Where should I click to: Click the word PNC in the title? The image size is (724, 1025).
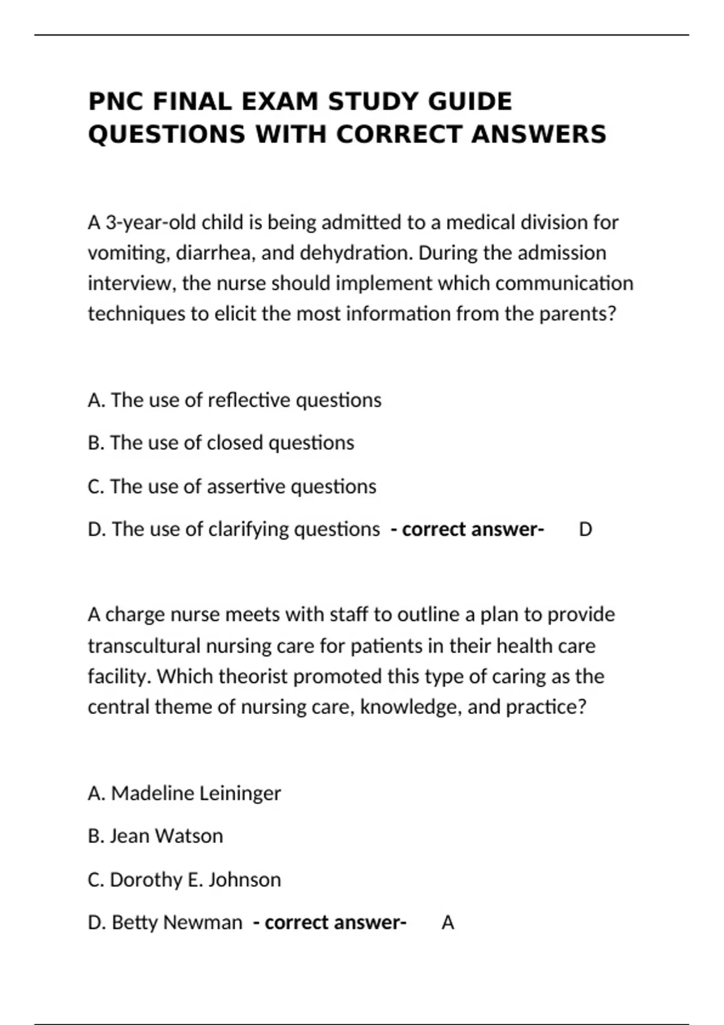116,101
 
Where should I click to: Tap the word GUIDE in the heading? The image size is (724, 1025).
470,101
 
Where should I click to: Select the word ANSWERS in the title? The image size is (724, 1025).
538,134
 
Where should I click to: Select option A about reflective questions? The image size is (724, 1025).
234,400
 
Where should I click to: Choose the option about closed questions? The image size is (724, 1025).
220,443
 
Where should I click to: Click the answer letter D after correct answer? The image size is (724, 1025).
585,529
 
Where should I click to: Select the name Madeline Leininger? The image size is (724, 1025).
195,793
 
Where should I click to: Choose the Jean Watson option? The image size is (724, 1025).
166,836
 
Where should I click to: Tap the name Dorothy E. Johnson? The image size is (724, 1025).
195,880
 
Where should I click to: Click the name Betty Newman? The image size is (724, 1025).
177,922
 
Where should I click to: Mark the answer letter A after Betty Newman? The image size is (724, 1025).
448,922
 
